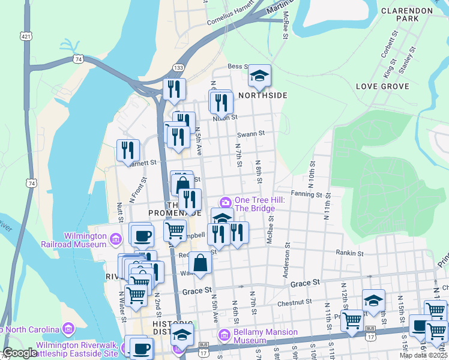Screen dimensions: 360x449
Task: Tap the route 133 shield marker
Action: point(178,68)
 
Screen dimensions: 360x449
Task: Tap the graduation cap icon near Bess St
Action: point(259,75)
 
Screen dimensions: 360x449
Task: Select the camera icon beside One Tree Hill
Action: point(226,201)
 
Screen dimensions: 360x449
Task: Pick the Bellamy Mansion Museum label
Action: point(266,336)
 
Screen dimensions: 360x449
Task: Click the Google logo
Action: point(19,353)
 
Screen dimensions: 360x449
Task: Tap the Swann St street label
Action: point(250,134)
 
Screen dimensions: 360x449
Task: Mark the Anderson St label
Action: point(286,261)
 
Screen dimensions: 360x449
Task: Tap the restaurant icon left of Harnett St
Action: point(128,150)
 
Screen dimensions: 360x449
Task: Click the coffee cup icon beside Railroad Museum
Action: point(142,234)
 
